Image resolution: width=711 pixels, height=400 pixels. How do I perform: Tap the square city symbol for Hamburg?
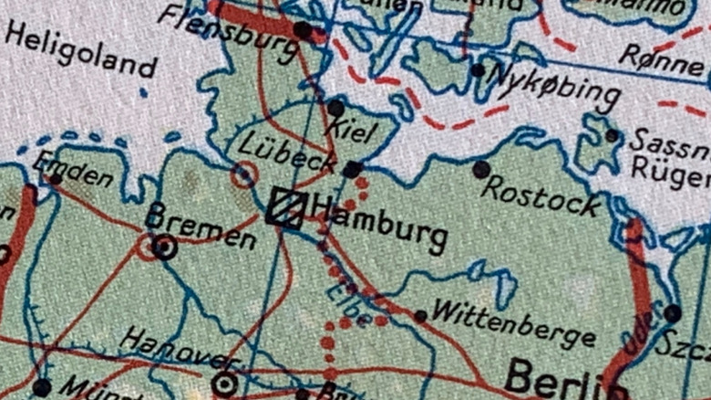(x=284, y=207)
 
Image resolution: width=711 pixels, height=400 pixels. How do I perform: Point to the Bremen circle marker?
(x=165, y=247)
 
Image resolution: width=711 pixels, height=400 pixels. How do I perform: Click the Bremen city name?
(x=201, y=226)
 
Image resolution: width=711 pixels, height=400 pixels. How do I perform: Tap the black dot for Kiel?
(x=335, y=109)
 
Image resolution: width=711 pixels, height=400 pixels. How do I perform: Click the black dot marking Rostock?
(x=480, y=169)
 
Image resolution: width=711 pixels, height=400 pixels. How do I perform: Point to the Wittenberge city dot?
(x=420, y=316)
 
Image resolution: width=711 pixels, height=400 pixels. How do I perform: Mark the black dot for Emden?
(x=55, y=178)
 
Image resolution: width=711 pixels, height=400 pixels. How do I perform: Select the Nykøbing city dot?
(x=478, y=70)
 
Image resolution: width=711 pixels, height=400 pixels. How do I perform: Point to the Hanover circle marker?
(x=224, y=384)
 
